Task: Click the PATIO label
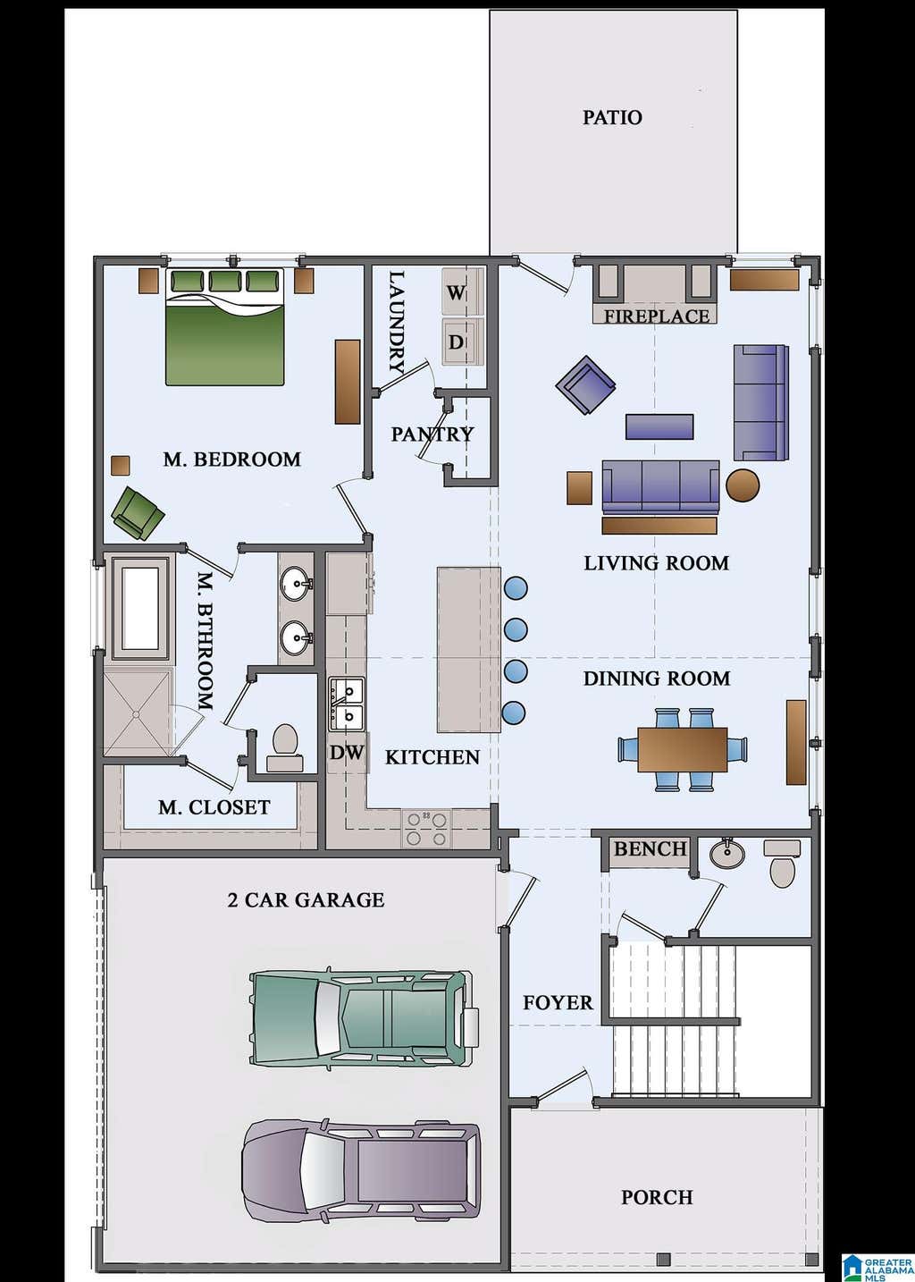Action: [612, 117]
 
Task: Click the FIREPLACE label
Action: [657, 316]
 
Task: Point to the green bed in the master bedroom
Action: [225, 326]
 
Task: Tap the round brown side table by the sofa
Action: [743, 485]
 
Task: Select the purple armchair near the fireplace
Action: [585, 384]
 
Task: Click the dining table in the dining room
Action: [683, 749]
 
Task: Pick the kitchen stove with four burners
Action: [426, 830]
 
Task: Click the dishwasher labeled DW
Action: [347, 752]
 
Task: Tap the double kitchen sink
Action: [347, 704]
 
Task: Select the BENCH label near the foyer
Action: [651, 848]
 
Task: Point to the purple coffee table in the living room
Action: [659, 426]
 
